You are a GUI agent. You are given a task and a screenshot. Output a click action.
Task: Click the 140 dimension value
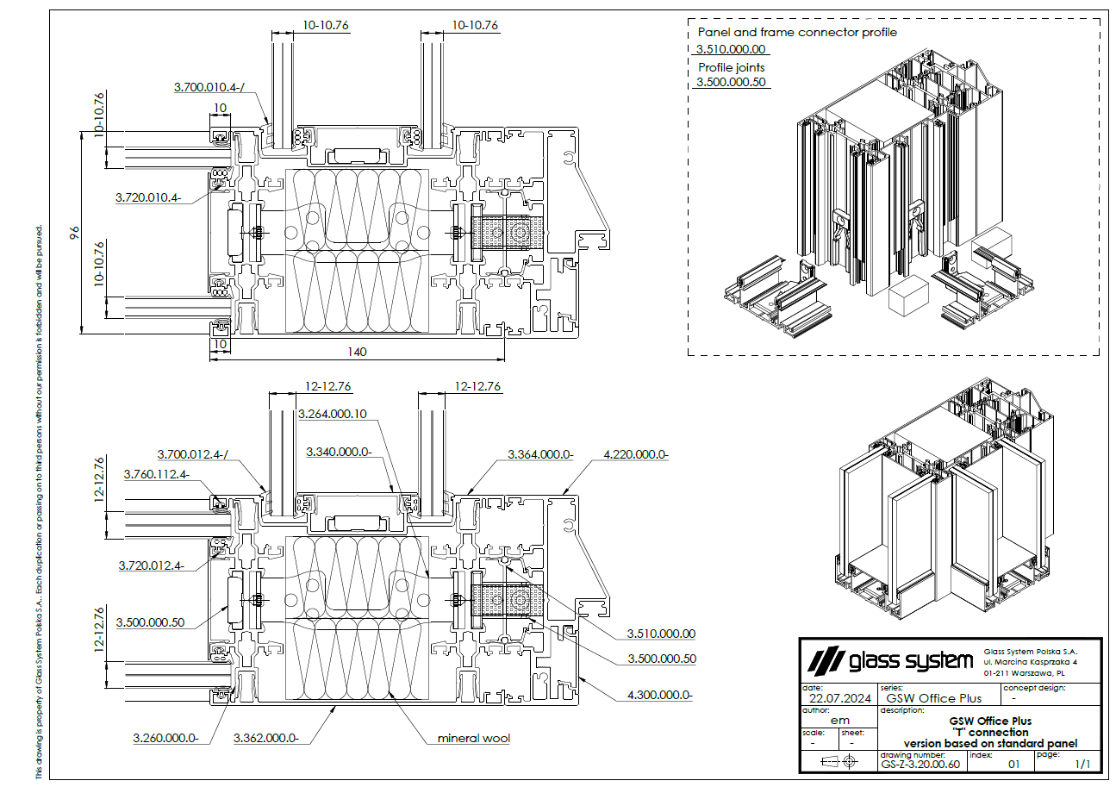[x=357, y=351]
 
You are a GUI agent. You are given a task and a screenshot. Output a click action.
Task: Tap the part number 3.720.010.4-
[x=148, y=197]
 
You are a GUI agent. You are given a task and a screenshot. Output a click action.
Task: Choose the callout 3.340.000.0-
[x=339, y=452]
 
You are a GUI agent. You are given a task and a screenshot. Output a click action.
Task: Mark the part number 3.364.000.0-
[x=540, y=453]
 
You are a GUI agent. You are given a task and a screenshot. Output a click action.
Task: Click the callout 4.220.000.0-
[x=637, y=453]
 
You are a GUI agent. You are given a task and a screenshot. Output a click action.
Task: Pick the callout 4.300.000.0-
[x=660, y=694]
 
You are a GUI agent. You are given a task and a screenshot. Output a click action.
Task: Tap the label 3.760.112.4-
[x=156, y=474]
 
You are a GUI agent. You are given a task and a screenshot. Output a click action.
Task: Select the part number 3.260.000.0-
[x=166, y=738]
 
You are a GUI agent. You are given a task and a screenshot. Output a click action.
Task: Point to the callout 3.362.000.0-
[x=266, y=738]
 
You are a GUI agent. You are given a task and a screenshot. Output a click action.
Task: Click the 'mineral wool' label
[x=474, y=738]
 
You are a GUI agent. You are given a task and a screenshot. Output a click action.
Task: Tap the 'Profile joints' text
[x=732, y=67]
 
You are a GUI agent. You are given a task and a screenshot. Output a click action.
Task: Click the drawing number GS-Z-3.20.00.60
[x=920, y=764]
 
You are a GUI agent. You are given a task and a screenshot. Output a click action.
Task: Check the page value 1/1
[x=1082, y=764]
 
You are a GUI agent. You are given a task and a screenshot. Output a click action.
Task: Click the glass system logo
[x=888, y=662]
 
